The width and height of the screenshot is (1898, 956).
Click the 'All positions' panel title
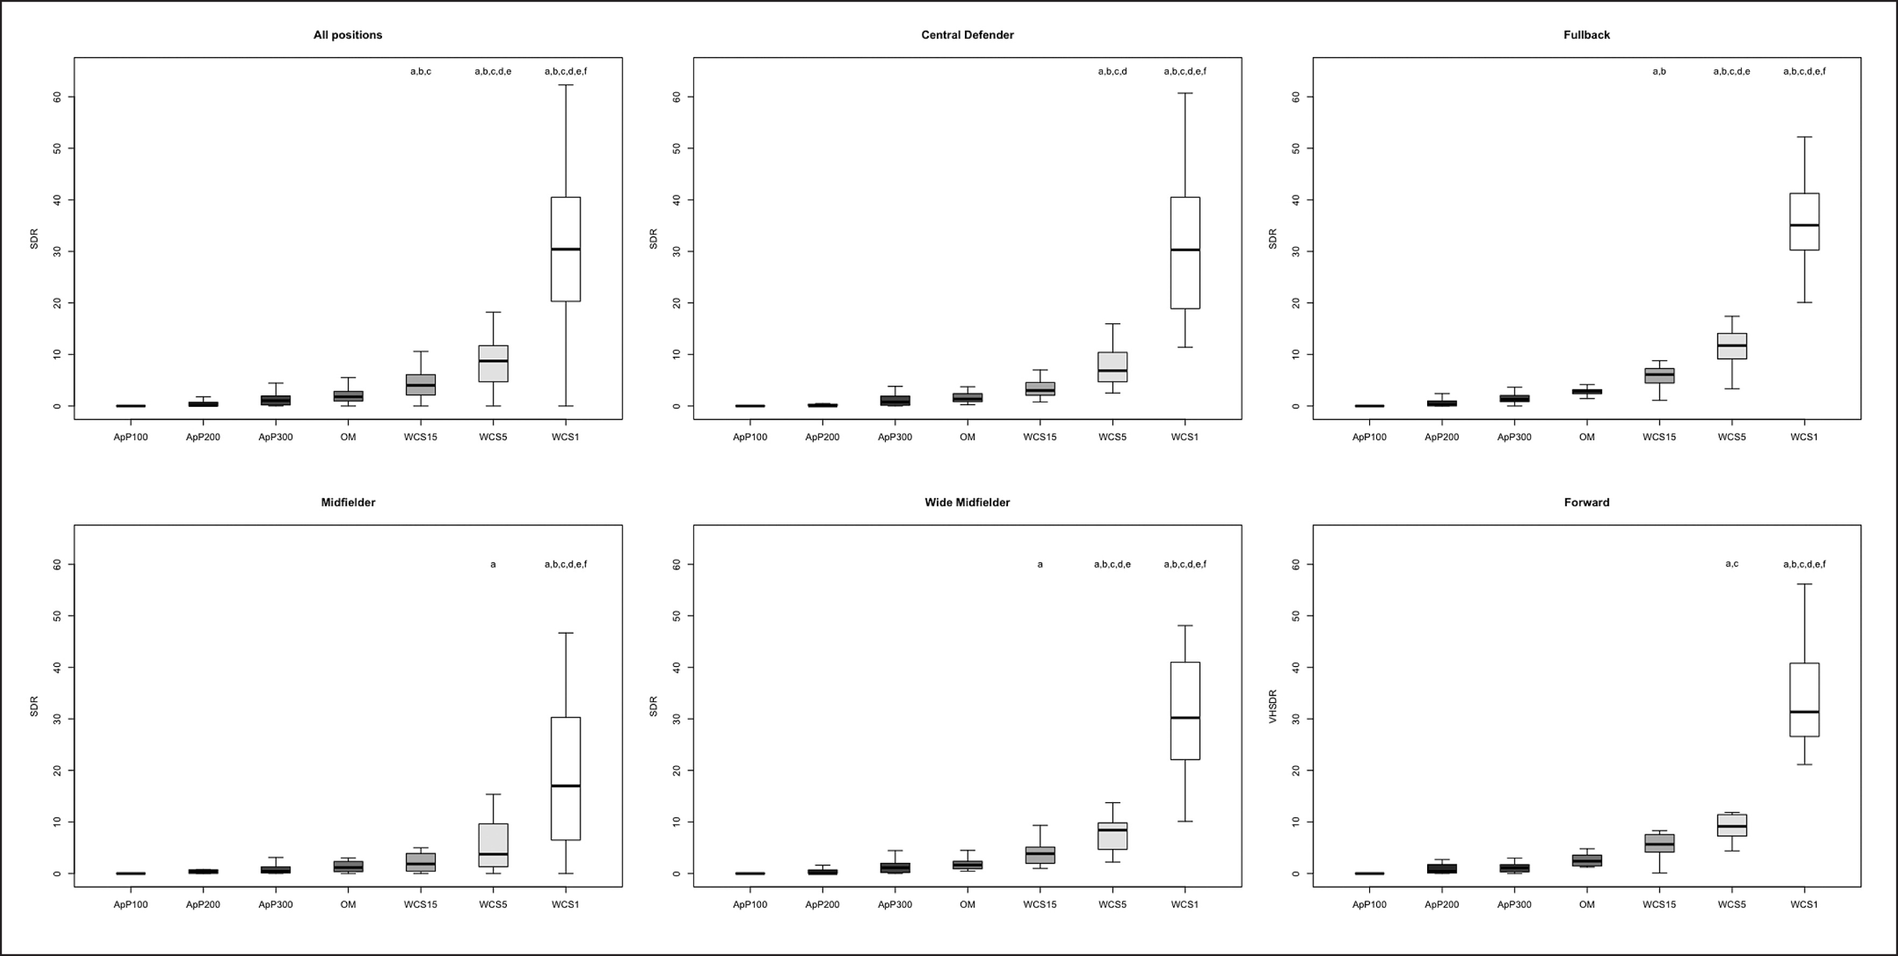[x=348, y=34]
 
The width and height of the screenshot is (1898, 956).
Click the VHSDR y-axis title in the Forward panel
[x=1273, y=706]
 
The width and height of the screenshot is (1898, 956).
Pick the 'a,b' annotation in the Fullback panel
[x=1659, y=72]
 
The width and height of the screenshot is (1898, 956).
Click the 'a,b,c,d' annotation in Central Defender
[x=1112, y=72]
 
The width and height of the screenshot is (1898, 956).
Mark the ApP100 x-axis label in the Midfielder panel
[x=130, y=904]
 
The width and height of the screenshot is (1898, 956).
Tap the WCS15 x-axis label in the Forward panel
[x=1659, y=904]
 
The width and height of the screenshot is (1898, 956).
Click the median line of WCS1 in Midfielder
[x=566, y=786]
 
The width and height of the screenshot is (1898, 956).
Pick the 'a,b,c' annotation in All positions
[x=421, y=72]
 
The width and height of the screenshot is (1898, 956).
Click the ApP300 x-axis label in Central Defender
[x=894, y=437]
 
